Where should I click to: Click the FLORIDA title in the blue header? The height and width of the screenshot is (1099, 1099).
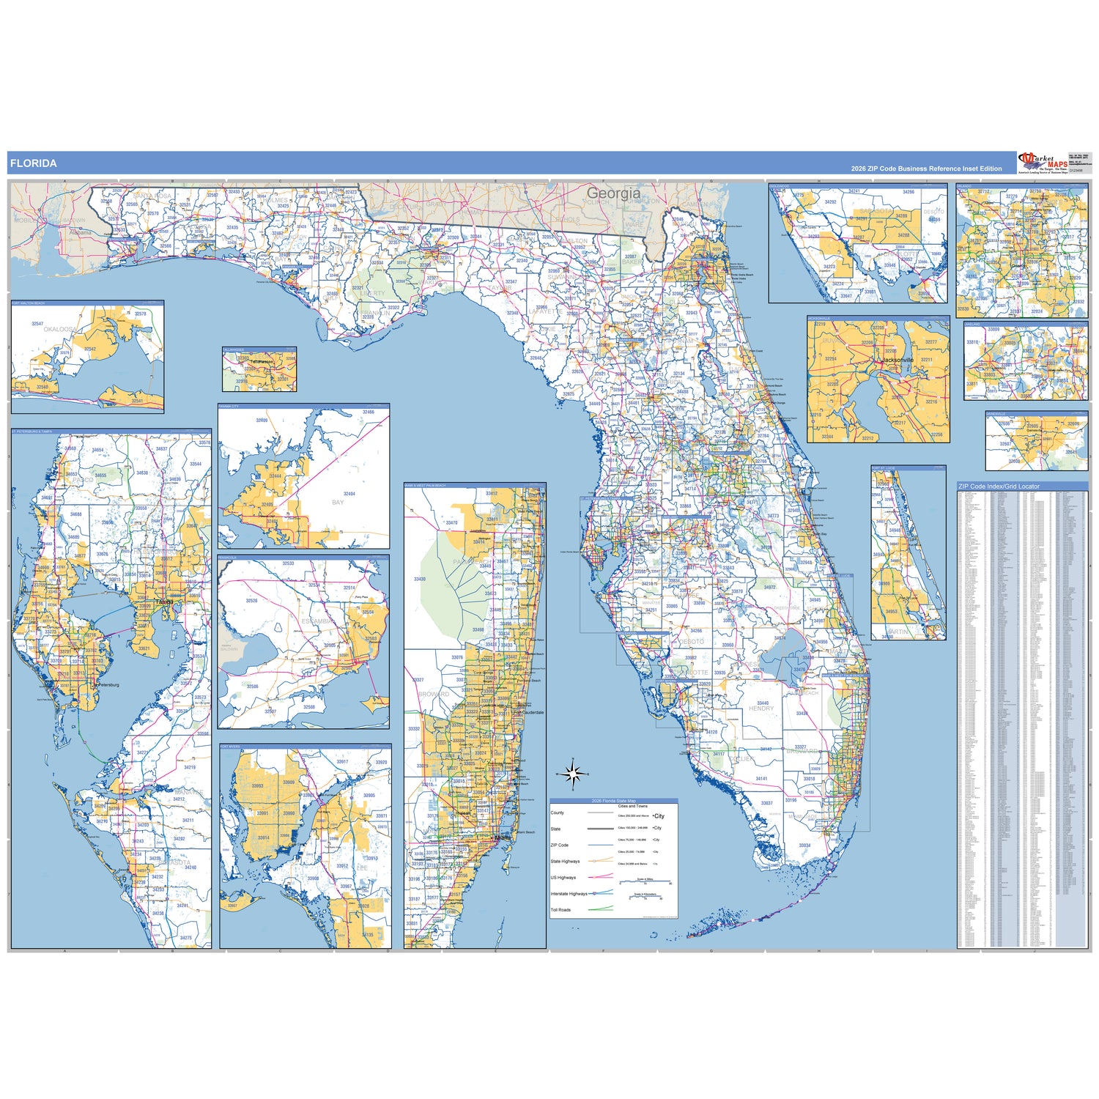coord(34,163)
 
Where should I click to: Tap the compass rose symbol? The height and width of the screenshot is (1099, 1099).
coord(573,773)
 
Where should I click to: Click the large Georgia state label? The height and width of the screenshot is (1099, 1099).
coord(613,193)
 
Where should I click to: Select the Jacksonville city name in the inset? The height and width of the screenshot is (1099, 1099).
coord(898,360)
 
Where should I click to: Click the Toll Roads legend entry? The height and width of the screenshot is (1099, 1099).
coord(560,910)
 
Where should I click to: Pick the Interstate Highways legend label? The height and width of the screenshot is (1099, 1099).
coord(569,894)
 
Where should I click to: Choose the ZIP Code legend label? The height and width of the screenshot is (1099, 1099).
coord(559,845)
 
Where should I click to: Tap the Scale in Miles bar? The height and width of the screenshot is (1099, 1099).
coord(645,882)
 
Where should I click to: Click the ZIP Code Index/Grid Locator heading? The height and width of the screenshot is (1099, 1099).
coord(999,486)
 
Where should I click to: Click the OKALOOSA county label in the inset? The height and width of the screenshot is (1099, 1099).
coord(59,330)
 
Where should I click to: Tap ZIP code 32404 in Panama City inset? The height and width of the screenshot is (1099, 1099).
coord(349,494)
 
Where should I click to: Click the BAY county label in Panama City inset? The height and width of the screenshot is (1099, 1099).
coord(338,503)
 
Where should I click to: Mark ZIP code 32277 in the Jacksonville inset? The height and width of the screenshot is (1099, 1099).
coord(930,342)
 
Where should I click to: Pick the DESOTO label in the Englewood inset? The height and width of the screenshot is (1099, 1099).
coord(933,212)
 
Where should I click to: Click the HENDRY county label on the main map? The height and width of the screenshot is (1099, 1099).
coord(761,708)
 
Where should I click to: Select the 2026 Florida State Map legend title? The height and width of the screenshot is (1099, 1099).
coord(614,801)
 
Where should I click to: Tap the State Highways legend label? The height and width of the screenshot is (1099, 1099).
coord(565,862)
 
